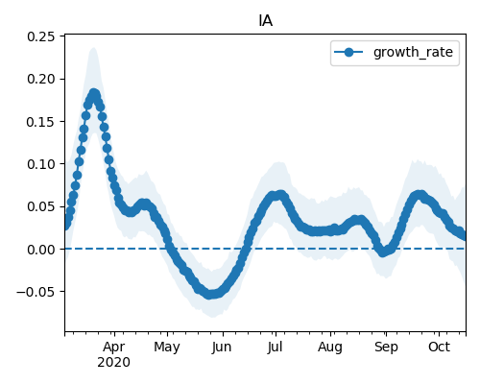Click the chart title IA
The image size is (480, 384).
[x=265, y=21]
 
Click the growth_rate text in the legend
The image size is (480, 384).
[x=413, y=52]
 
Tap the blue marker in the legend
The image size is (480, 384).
[x=348, y=52]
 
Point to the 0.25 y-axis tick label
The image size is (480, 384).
[x=41, y=36]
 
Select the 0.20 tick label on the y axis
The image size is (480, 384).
[x=41, y=79]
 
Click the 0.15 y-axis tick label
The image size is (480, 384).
[x=41, y=122]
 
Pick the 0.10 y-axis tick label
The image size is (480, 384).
[x=41, y=164]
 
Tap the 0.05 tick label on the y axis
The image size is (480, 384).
[x=41, y=206]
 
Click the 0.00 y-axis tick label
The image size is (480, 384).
[x=41, y=250]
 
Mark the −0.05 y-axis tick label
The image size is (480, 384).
[x=36, y=292]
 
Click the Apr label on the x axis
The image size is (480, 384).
[x=114, y=347]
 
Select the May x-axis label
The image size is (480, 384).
[x=167, y=348]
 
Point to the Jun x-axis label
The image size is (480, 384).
[x=222, y=347]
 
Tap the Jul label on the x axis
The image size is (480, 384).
[x=276, y=347]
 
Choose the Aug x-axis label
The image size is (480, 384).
[x=330, y=348]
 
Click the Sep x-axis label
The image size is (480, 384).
[x=386, y=348]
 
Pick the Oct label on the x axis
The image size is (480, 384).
[x=440, y=347]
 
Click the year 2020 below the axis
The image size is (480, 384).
[x=114, y=363]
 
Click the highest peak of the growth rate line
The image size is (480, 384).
[x=94, y=94]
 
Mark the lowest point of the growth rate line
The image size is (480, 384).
[x=209, y=294]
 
